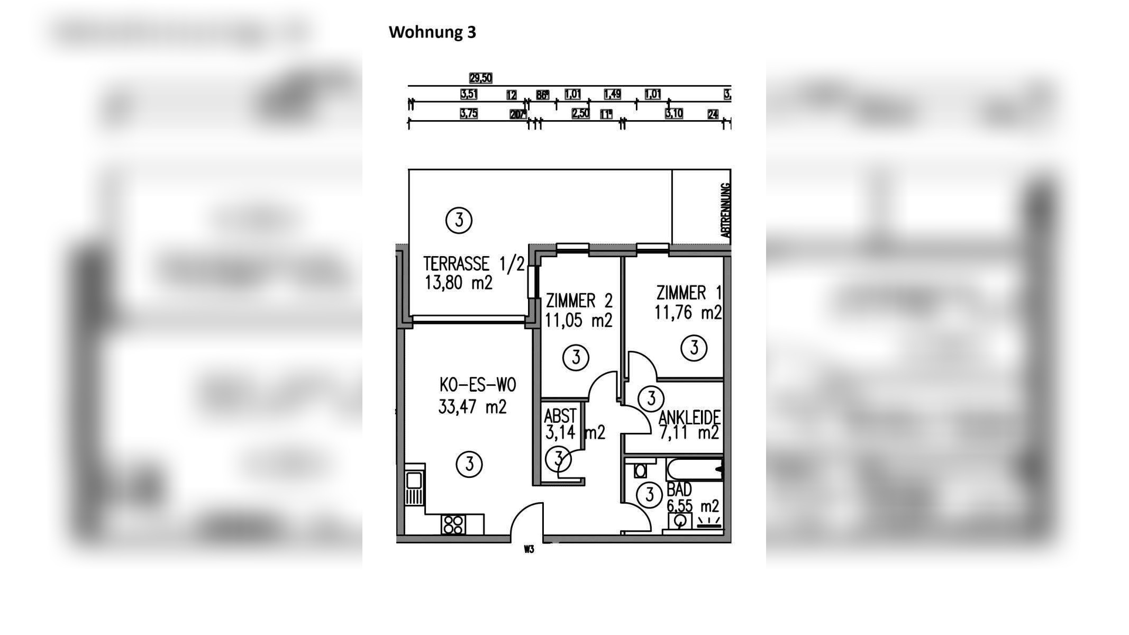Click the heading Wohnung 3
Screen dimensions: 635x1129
click(432, 32)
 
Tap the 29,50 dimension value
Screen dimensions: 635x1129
click(480, 78)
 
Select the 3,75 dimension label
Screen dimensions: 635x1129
click(469, 114)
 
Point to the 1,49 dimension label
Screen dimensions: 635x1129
click(612, 94)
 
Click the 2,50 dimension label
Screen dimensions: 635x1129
click(580, 113)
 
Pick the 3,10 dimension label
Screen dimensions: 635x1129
click(674, 113)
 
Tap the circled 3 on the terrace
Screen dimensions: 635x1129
click(459, 220)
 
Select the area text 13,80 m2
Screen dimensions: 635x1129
click(458, 283)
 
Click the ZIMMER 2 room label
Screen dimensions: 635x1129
click(579, 301)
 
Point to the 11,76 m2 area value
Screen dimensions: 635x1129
click(688, 313)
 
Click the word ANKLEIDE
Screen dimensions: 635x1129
click(689, 418)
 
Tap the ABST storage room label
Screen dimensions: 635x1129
click(560, 416)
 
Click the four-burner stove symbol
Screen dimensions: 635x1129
click(453, 524)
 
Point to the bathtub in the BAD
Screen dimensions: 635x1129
click(694, 469)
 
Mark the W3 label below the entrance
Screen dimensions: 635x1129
click(529, 549)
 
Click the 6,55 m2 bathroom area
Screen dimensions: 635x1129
click(693, 506)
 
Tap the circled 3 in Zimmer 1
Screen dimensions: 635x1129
click(694, 348)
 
